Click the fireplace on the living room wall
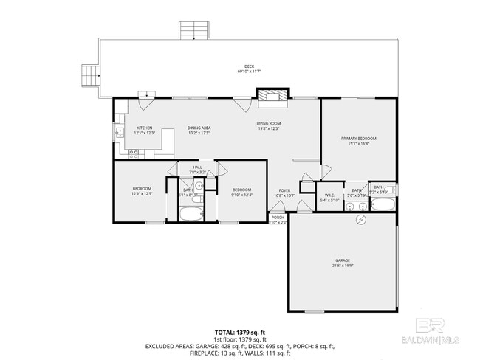click(269, 95)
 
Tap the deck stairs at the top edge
click(194, 30)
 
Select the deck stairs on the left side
click(89, 74)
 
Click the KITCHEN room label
click(145, 131)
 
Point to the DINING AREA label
click(199, 131)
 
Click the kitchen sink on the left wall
click(119, 133)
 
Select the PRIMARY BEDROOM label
click(358, 141)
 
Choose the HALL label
click(197, 170)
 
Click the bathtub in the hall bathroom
click(191, 215)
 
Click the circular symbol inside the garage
click(361, 221)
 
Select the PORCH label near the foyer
click(278, 219)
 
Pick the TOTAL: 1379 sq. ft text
click(239, 333)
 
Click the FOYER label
click(284, 193)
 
